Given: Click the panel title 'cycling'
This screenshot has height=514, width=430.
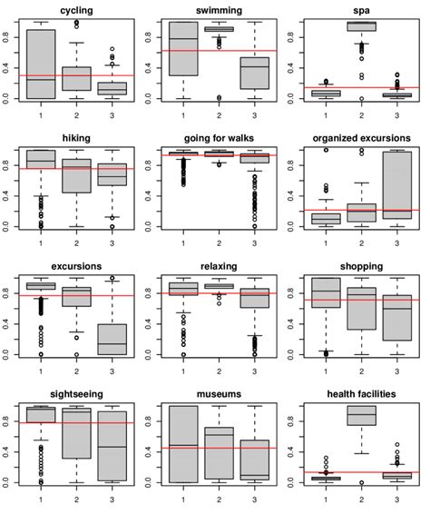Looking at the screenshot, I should [75, 9].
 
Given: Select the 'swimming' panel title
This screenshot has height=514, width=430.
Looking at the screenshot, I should [217, 9].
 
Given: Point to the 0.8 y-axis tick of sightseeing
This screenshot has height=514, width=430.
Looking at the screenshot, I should [7, 420].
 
